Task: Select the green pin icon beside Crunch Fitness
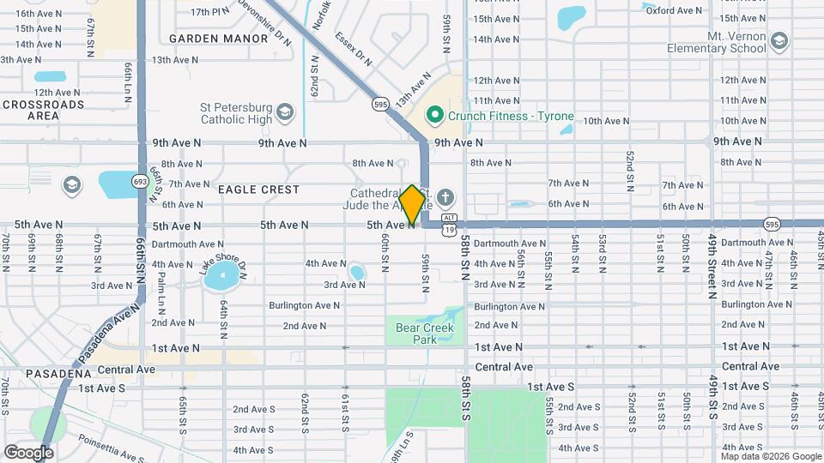(x=435, y=115)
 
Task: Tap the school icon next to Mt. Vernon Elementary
(x=779, y=41)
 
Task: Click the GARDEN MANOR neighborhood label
(x=207, y=39)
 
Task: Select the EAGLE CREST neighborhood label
(x=258, y=189)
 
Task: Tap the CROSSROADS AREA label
(x=43, y=110)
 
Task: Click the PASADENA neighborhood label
(x=58, y=374)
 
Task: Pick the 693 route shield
(x=140, y=181)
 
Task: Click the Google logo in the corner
(x=28, y=452)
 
